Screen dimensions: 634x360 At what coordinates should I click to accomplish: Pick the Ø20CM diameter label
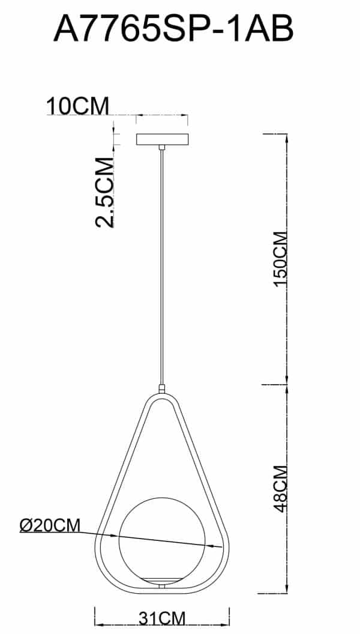pyautogui.click(x=49, y=525)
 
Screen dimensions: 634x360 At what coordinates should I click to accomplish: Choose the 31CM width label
pyautogui.click(x=161, y=618)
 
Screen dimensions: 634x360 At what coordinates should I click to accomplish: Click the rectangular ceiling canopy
pyautogui.click(x=162, y=139)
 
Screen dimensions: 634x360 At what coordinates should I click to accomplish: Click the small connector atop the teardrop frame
pyautogui.click(x=162, y=389)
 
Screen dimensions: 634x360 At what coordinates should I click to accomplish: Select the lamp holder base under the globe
pyautogui.click(x=162, y=577)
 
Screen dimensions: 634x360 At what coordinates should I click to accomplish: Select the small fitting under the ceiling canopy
pyautogui.click(x=162, y=147)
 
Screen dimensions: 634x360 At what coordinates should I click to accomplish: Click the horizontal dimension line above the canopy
pyautogui.click(x=162, y=114)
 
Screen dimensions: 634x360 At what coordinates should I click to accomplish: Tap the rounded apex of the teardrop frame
pyautogui.click(x=162, y=397)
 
